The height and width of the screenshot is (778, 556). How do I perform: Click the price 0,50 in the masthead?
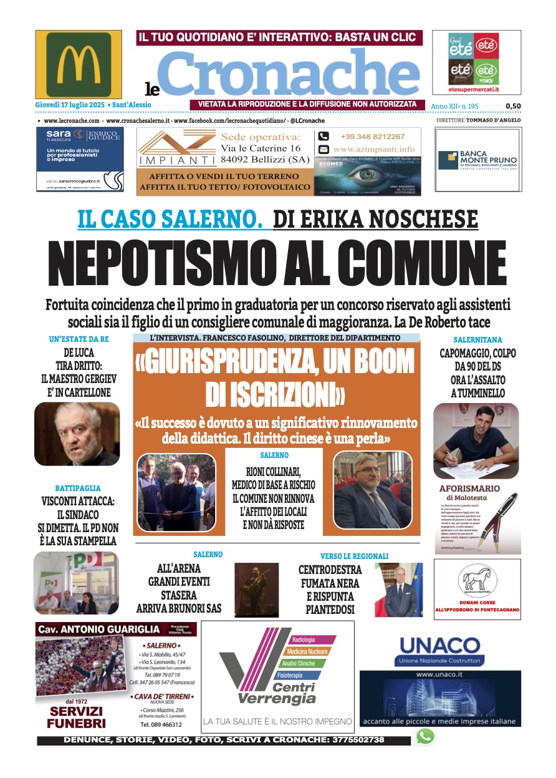(x=513, y=106)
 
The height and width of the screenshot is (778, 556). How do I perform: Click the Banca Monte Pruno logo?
(x=477, y=160)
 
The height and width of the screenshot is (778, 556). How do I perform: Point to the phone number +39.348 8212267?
(x=372, y=137)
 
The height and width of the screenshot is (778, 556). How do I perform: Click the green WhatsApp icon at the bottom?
(x=425, y=737)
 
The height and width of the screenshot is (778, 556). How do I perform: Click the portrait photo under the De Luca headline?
(x=77, y=434)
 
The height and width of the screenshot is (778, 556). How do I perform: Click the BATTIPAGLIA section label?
(x=77, y=488)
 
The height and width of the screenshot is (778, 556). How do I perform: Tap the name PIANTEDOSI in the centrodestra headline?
(x=330, y=609)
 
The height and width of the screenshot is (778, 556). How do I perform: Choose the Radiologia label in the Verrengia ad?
(x=304, y=640)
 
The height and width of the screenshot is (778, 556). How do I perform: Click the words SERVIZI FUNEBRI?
(x=77, y=717)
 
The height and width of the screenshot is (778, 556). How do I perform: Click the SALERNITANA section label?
(x=477, y=339)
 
